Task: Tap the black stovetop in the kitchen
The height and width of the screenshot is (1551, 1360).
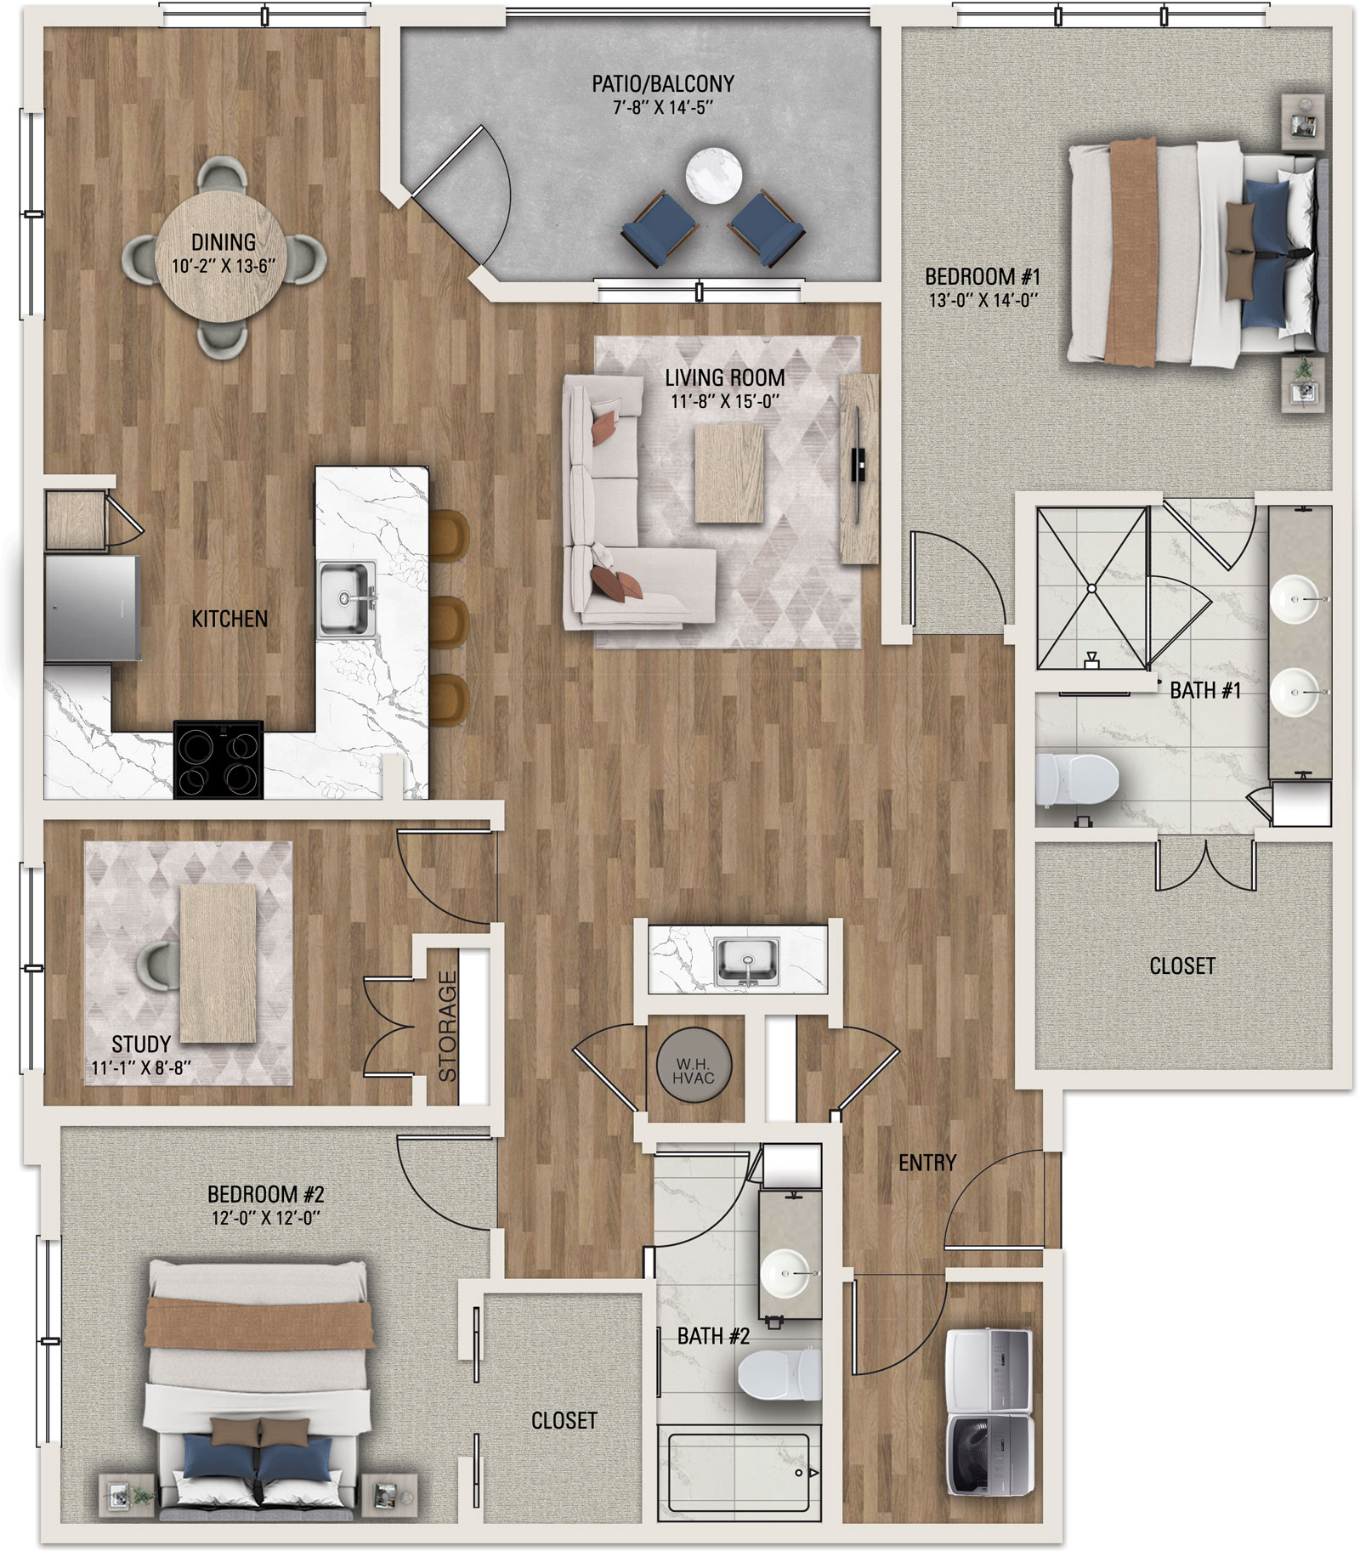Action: coord(218,759)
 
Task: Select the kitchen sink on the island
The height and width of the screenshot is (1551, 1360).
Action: coord(347,599)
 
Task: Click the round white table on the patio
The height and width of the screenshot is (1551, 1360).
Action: coord(714,176)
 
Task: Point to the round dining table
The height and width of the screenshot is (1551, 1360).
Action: coord(223,255)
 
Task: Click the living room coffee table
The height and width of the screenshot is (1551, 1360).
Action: coord(729,473)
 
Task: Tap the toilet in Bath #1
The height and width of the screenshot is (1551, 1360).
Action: coord(1076,781)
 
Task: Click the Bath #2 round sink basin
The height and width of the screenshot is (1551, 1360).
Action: coord(785,1273)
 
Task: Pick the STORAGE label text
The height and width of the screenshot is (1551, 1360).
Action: coord(447,1026)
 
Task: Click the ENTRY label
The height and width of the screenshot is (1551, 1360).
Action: coord(927,1162)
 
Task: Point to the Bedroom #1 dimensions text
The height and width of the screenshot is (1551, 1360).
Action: coord(983,300)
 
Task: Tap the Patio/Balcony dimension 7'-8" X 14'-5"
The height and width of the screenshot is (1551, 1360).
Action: coord(663,107)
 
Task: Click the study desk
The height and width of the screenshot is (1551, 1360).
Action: coord(218,963)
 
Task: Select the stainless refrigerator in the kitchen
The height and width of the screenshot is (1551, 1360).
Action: coord(92,608)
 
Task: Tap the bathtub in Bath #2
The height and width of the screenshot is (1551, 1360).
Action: coord(738,1476)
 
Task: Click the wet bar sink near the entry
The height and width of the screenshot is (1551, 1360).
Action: coord(747,961)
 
